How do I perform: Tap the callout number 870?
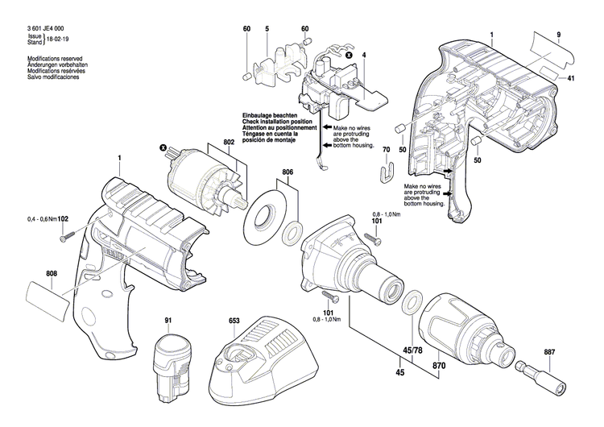point(440,343)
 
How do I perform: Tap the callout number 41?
point(571,77)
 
